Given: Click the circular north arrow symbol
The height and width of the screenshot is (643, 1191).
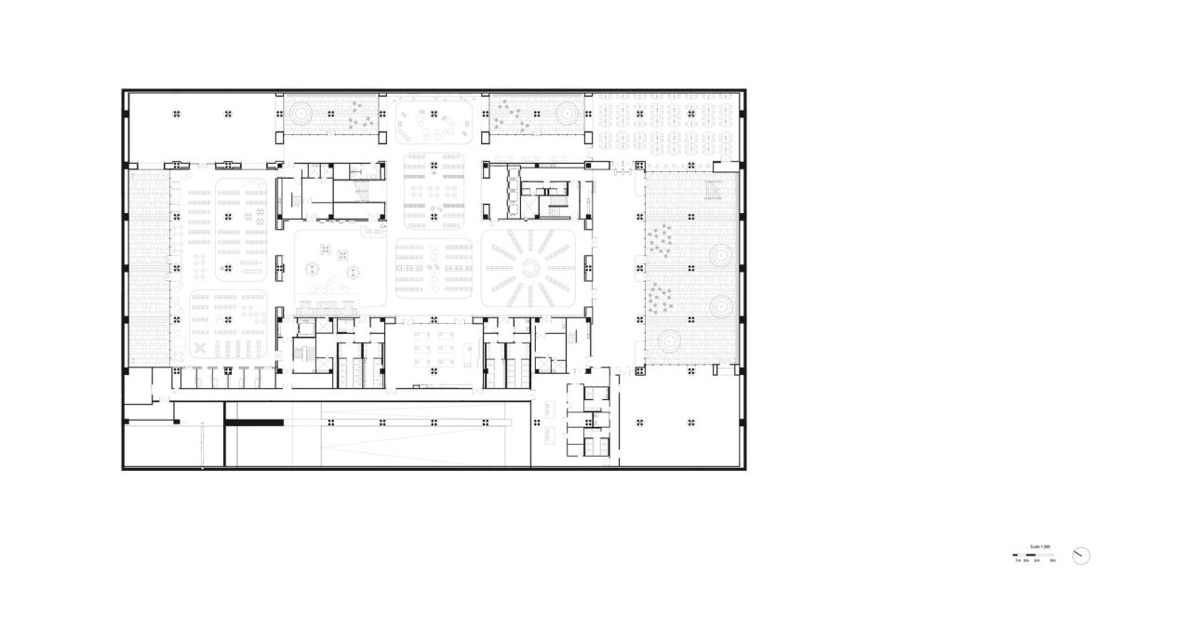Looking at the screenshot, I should tap(1080, 556).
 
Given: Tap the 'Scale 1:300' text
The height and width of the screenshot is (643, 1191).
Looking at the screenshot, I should tap(1039, 547).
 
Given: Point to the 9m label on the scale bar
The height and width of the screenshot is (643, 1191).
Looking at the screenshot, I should tap(1052, 561).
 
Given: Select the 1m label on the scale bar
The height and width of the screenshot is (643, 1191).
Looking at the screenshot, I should tap(1017, 561).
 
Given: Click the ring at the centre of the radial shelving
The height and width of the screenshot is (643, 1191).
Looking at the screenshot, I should tap(529, 268).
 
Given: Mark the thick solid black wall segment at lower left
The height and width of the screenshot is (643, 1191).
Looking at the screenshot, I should tap(254, 422).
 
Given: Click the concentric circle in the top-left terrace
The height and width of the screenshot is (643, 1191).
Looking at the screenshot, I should tap(301, 114).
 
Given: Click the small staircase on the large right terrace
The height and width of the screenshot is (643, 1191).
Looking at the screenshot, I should tap(714, 191).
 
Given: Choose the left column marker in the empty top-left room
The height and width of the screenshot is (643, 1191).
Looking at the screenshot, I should tap(176, 114).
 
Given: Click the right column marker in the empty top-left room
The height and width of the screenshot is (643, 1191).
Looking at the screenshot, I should tap(227, 114).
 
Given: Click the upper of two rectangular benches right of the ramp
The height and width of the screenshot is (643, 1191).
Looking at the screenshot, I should tap(546, 408).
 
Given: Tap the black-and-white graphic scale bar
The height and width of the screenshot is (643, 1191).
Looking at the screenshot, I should tap(1034, 556).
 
